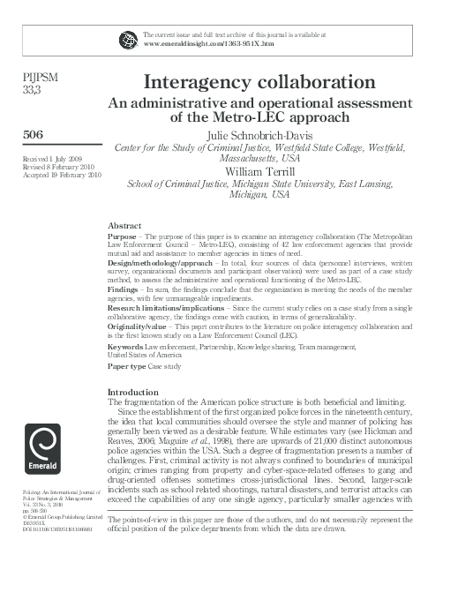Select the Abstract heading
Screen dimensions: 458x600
[x=124, y=226]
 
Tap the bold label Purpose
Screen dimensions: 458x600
[x=122, y=238]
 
